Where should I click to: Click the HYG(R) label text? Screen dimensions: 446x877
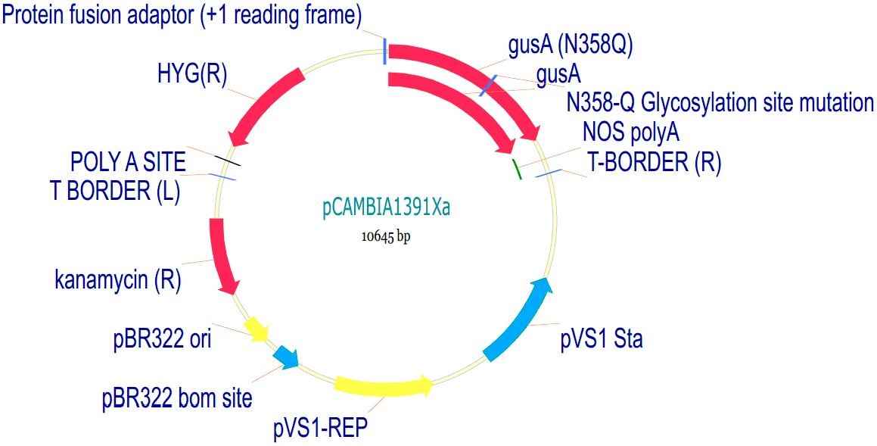(x=192, y=75)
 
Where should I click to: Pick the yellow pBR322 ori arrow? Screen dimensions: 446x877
(x=256, y=328)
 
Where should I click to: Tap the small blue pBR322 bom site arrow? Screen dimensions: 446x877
(x=285, y=355)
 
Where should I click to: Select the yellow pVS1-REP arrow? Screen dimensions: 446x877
(x=382, y=385)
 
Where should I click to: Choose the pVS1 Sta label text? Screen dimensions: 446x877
(x=602, y=338)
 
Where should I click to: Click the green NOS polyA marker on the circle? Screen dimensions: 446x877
(x=518, y=169)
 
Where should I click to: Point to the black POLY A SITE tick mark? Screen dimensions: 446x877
(x=229, y=160)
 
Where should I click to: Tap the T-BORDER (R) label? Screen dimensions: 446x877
(x=655, y=162)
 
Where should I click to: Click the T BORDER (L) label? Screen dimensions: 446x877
(x=115, y=192)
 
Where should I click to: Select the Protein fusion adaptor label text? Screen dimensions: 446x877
(x=182, y=14)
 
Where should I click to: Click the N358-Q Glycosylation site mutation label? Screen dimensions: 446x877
(x=720, y=102)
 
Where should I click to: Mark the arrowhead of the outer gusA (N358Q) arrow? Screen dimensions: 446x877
(x=533, y=133)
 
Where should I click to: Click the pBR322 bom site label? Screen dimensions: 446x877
(x=177, y=398)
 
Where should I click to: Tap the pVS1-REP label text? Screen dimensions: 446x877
(x=320, y=429)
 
